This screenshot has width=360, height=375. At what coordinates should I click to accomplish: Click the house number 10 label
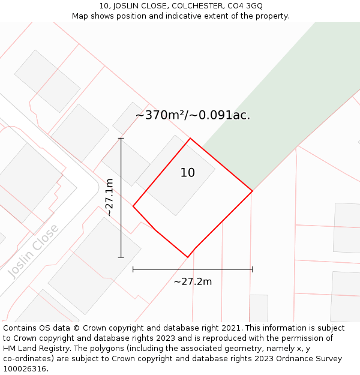(187, 173)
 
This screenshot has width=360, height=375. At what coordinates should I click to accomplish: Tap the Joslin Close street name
(34, 251)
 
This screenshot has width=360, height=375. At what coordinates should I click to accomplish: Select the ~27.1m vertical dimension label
(109, 197)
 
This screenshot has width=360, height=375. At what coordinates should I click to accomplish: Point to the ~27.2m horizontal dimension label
(193, 281)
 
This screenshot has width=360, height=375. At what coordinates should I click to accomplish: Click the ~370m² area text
(161, 115)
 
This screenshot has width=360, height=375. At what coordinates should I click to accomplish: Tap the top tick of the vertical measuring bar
(121, 139)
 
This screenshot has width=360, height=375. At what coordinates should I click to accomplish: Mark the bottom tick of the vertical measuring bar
(121, 257)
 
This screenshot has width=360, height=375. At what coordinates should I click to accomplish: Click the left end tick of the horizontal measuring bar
(133, 269)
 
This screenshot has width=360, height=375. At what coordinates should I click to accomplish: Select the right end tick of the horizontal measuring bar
(252, 269)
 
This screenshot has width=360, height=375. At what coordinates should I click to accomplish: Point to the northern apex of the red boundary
(190, 139)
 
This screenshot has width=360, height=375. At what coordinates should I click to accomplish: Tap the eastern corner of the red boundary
(252, 191)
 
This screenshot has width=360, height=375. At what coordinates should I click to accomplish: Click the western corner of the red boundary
(133, 206)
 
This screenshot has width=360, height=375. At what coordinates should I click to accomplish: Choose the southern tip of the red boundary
(188, 257)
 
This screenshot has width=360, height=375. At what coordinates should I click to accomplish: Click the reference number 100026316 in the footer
(25, 369)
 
